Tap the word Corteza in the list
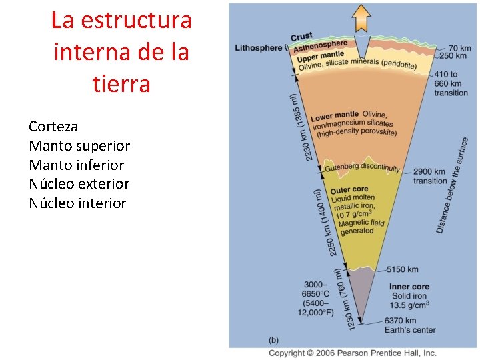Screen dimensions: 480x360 tap(53, 127)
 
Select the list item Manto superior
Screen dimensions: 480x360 tap(79, 146)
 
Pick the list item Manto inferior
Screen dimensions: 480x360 tap(76, 165)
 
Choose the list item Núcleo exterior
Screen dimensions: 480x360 tap(79, 184)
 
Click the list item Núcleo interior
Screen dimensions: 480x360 tap(77, 203)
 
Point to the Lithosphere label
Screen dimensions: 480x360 tap(259, 48)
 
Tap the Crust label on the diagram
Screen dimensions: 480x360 tap(302, 37)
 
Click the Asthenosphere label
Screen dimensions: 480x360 tap(321, 46)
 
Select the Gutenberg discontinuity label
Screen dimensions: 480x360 tap(363, 169)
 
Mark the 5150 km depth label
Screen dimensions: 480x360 tap(403, 269)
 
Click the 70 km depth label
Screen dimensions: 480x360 tap(460, 48)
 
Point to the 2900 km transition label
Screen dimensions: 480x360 tap(430, 176)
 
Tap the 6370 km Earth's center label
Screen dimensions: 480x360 tap(410, 325)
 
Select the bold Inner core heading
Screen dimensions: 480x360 tap(409, 287)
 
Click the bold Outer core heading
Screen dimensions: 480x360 tap(349, 190)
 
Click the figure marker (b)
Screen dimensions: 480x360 tap(274, 339)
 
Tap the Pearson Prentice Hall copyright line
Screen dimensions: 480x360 tap(352, 353)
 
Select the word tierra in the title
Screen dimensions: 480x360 tap(121, 85)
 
